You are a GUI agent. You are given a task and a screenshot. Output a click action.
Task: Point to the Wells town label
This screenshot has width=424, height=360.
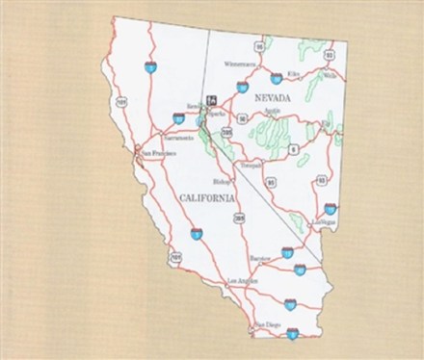[x=331, y=74]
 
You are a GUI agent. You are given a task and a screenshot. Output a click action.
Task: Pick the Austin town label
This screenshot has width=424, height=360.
[x=272, y=113]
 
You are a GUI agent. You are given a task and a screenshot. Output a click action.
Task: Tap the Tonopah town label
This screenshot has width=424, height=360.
[x=251, y=166]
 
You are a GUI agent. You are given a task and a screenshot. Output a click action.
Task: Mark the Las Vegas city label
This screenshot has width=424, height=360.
[x=325, y=221]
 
